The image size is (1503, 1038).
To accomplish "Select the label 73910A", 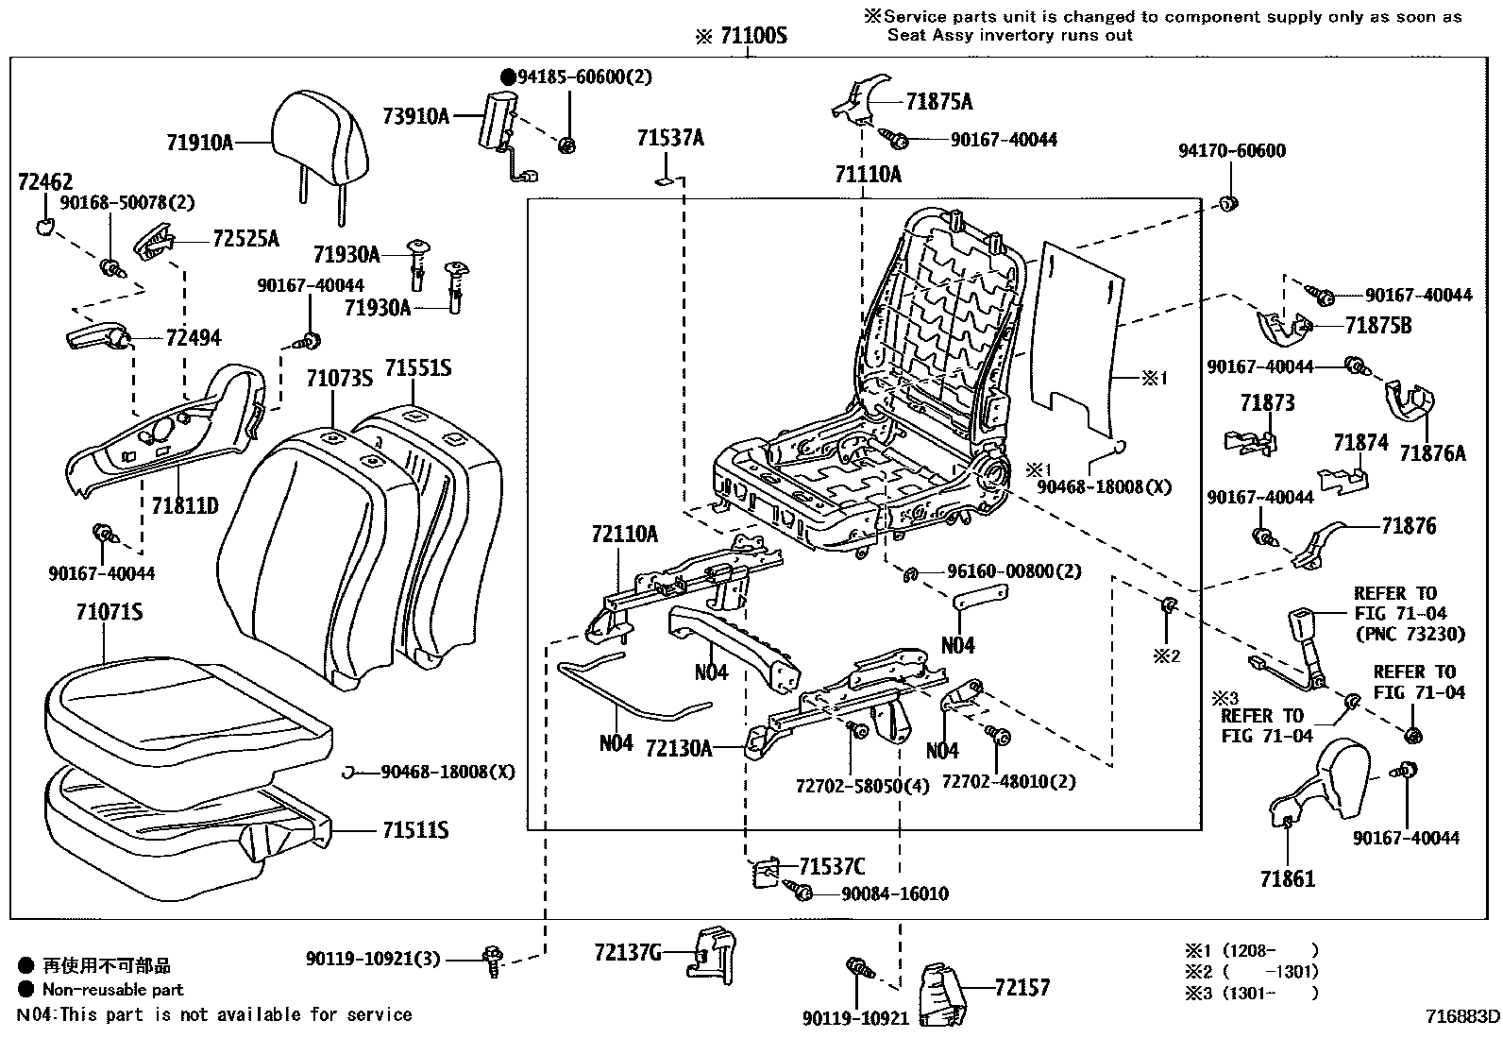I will [415, 117].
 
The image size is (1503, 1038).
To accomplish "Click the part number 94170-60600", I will [1231, 151].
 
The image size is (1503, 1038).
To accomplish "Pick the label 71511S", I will [414, 831].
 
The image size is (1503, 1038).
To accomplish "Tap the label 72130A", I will [678, 749].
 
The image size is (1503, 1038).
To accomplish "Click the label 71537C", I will [831, 867].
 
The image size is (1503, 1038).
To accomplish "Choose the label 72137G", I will [628, 952].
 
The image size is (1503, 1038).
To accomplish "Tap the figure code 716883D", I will [1461, 1017].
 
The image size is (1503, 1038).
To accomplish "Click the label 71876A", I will [1432, 453].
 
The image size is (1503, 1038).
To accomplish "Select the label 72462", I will [44, 182].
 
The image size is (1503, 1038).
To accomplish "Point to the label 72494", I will [193, 338].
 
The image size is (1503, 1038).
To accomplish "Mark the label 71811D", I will [184, 506].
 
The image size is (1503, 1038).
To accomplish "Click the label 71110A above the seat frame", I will [868, 175].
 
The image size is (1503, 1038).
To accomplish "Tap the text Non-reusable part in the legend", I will [112, 990].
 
